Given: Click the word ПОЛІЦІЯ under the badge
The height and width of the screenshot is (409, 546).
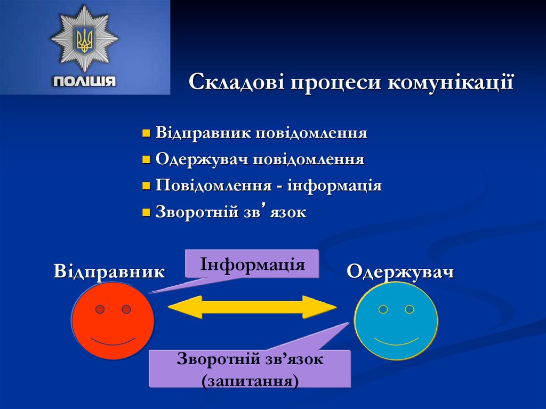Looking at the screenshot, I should (x=84, y=82).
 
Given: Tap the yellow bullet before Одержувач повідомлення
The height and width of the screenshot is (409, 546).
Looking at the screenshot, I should (x=147, y=159).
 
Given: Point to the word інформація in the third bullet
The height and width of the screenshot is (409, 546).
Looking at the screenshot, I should (x=334, y=186).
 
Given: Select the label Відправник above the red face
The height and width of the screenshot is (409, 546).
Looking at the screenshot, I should (x=109, y=271).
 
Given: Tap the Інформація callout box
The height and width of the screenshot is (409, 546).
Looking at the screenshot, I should (x=252, y=264).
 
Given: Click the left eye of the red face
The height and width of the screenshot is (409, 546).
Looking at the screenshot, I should (x=100, y=309).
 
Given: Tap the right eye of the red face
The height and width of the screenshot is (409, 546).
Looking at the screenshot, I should (x=126, y=309).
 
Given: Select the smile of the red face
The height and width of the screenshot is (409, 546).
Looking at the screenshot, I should (x=113, y=341).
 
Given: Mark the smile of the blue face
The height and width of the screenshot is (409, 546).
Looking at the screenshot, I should (x=396, y=341).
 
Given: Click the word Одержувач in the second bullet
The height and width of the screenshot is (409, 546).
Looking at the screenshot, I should (x=202, y=159).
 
